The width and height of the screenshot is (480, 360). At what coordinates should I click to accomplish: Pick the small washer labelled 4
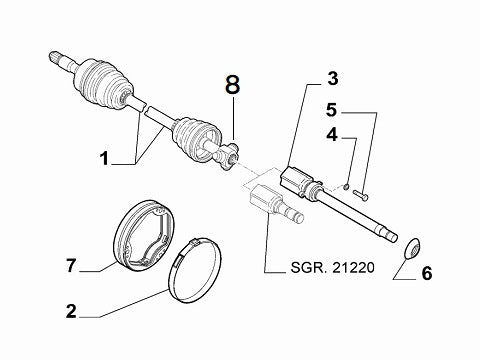(x=344, y=185)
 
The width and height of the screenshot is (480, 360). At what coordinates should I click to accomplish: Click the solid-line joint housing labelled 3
(x=298, y=180)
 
